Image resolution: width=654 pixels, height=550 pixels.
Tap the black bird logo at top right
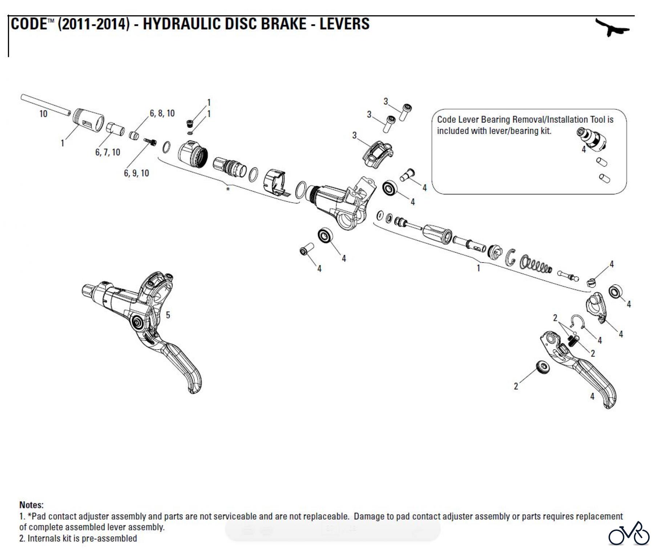coord(612,27)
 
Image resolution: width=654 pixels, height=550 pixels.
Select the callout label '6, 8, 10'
coord(162,114)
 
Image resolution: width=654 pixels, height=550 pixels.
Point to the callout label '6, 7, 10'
coord(108,152)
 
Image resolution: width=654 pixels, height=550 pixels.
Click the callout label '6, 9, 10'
coord(136,173)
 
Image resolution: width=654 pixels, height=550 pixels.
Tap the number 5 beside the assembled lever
coord(168,315)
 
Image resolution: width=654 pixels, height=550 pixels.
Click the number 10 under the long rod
coord(43,114)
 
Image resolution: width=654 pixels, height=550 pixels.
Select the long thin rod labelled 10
coord(45,105)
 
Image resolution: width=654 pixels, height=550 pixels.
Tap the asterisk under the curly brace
coord(228,189)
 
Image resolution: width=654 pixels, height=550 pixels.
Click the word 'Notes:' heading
coord(31,505)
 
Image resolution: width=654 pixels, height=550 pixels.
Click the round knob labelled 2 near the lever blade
coord(542,368)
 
